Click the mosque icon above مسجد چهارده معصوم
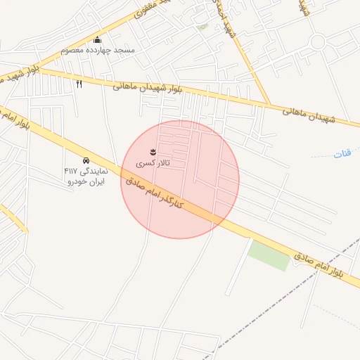click(x=97, y=39)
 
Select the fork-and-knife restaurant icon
click(x=79, y=84)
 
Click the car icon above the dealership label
click(x=86, y=160)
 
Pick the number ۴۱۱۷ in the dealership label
click(x=72, y=171)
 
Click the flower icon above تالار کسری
click(x=152, y=152)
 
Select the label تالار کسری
click(x=153, y=163)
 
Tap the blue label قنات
click(x=342, y=152)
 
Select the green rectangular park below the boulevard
click(x=269, y=255)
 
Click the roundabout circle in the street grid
click(x=317, y=41)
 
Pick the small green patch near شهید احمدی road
click(x=202, y=27)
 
